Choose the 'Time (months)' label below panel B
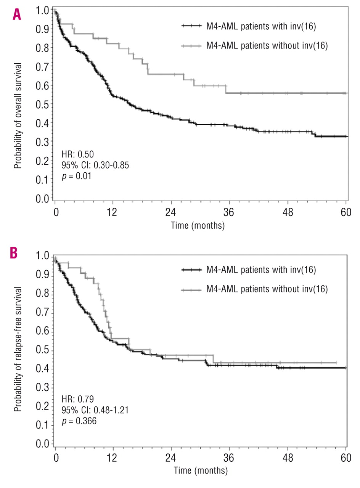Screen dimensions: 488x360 (200, 471)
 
